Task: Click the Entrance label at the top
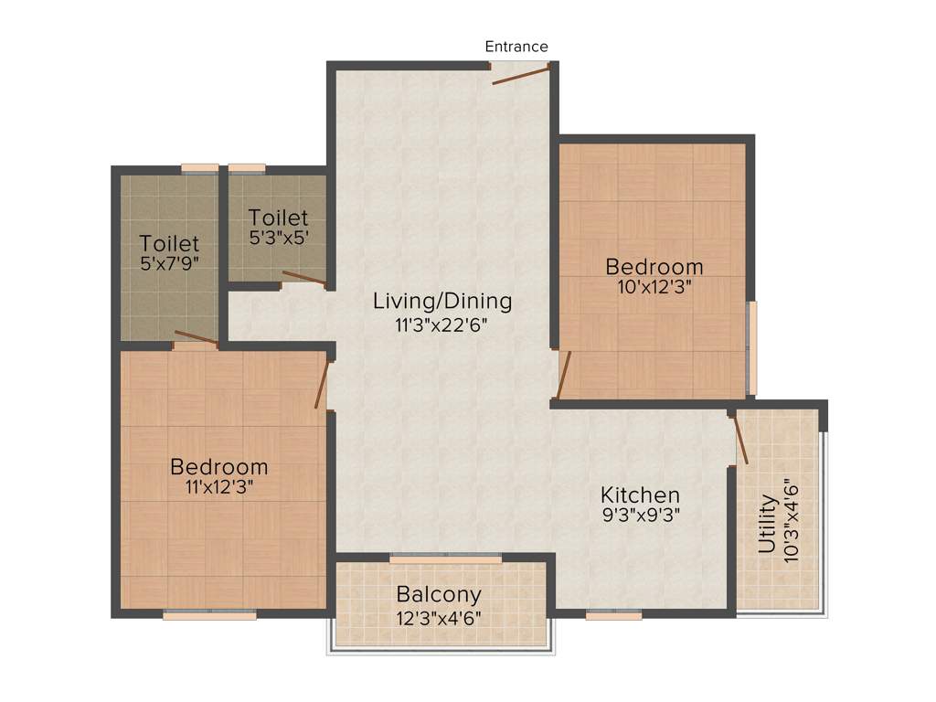tap(516, 47)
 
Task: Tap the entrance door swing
tap(521, 74)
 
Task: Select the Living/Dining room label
tap(442, 301)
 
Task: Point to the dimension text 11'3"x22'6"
tap(442, 324)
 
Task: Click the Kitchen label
tap(640, 495)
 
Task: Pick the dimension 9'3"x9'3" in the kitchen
tap(640, 514)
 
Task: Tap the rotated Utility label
tap(768, 525)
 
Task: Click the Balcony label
tap(439, 595)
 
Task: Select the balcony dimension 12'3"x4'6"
tap(439, 617)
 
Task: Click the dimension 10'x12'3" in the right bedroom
tap(654, 286)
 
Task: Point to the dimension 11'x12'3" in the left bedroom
tap(219, 486)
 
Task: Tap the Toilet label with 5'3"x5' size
tap(279, 218)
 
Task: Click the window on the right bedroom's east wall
tap(752, 348)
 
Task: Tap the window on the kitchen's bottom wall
tap(614, 615)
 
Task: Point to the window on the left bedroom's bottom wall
tap(209, 615)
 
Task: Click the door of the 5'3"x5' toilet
tap(303, 279)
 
